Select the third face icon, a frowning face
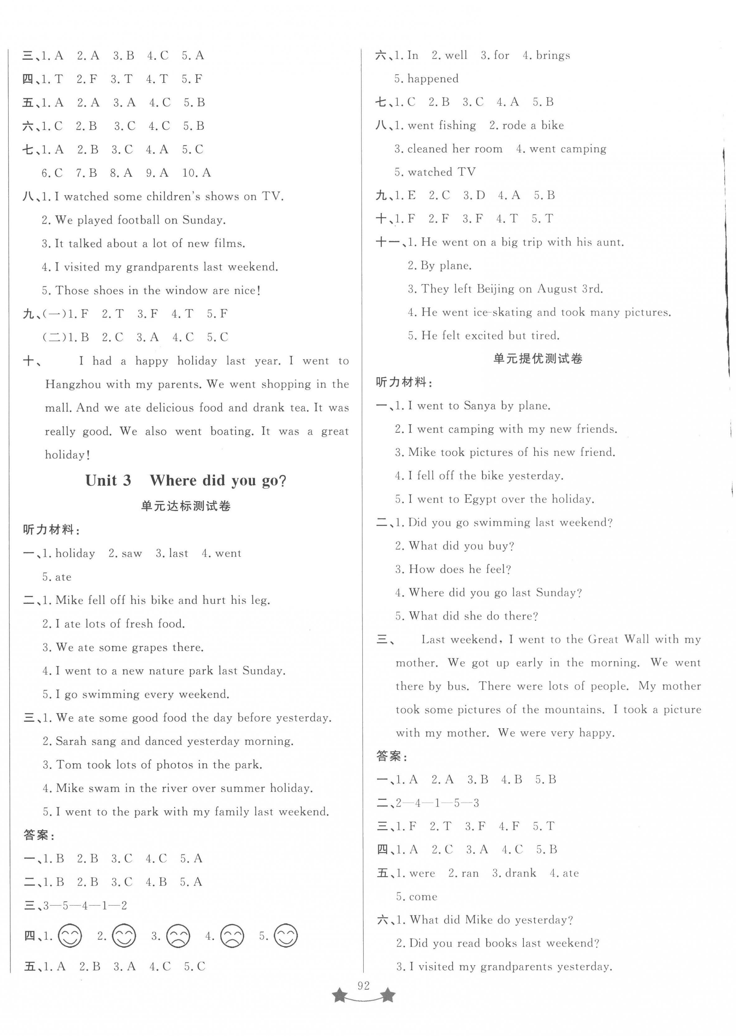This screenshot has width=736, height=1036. (178, 936)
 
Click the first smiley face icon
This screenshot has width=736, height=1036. (70, 936)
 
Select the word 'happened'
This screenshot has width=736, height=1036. (433, 79)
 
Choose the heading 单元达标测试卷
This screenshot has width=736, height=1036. (186, 506)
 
